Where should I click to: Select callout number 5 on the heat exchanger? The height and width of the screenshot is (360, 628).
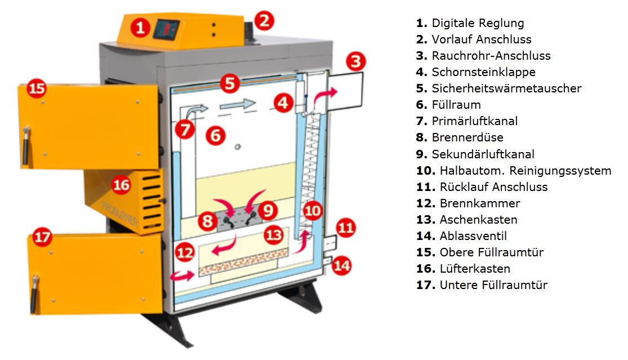[x=228, y=83]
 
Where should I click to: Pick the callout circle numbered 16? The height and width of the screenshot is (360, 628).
[x=121, y=184]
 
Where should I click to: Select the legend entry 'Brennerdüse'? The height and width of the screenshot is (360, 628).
[x=467, y=137]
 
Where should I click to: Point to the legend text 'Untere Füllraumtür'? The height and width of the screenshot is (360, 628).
[x=493, y=285]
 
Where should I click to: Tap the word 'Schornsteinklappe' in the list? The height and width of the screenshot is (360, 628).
[x=483, y=72]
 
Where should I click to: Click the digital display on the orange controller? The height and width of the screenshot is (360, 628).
[x=167, y=28]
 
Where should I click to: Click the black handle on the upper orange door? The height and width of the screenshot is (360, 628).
[x=26, y=144]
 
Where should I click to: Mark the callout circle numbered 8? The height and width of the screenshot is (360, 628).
[x=208, y=221]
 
